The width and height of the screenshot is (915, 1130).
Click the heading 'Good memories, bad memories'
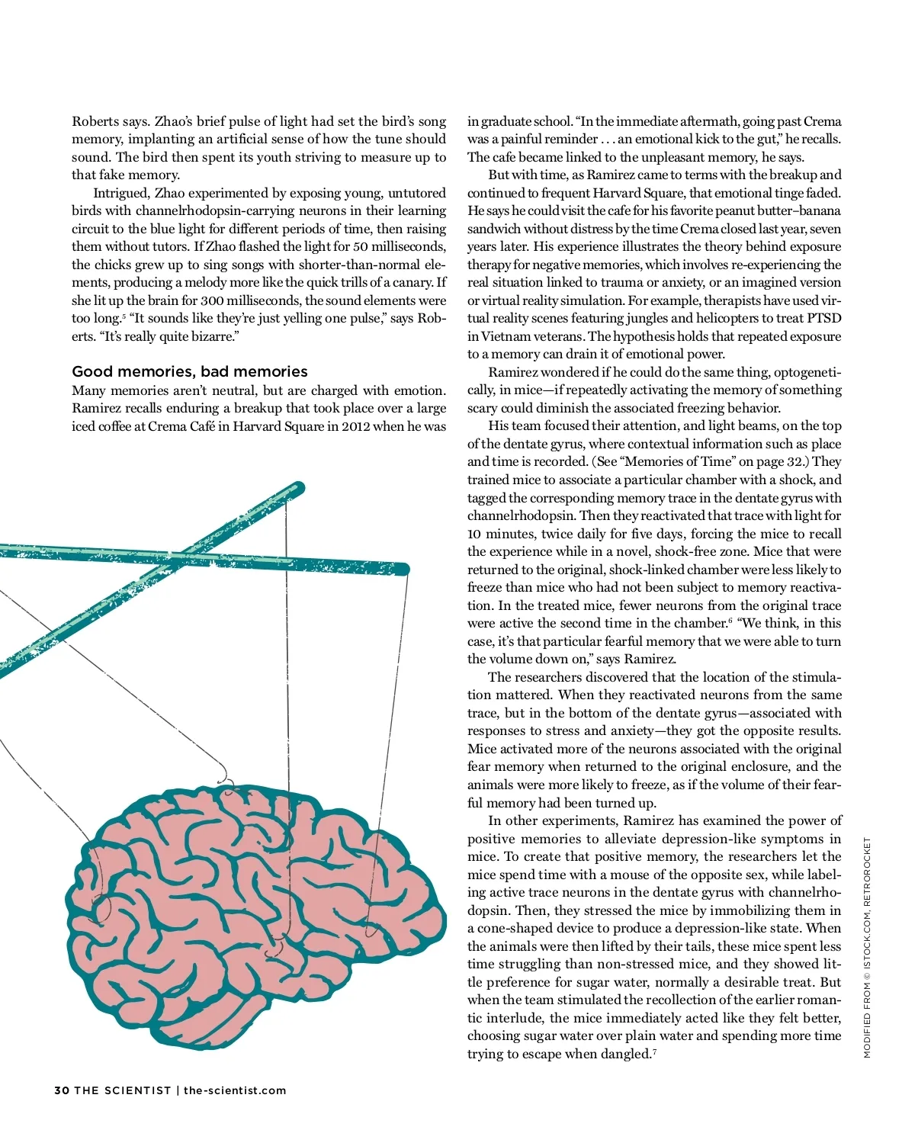[189, 371]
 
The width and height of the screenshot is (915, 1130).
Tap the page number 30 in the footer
[62, 1090]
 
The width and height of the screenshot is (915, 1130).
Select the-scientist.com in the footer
[235, 1090]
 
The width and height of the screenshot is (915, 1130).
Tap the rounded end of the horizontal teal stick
[403, 569]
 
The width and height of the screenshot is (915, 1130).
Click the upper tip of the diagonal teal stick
[298, 487]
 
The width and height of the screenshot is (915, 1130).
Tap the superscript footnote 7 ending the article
[654, 1051]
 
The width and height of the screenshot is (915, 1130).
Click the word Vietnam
[509, 336]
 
